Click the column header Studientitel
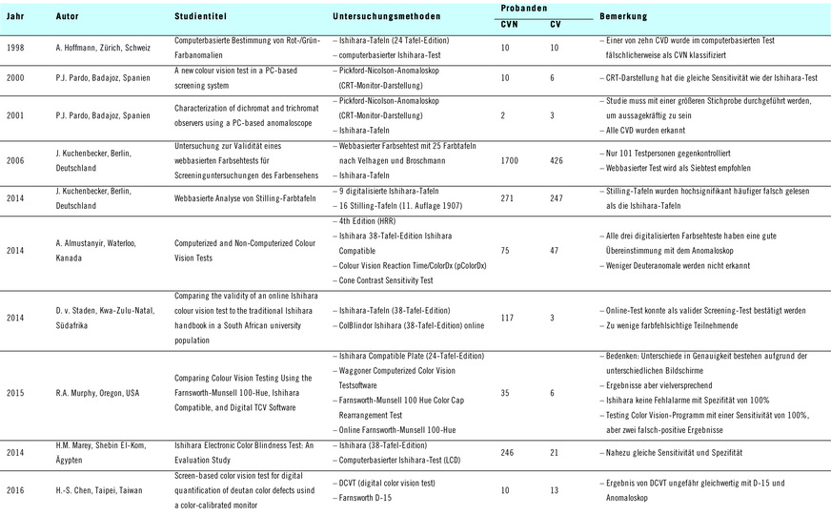pos(200,17)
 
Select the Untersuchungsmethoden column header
pos(384,17)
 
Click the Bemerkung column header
pos(624,17)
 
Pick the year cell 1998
pos(16,47)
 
